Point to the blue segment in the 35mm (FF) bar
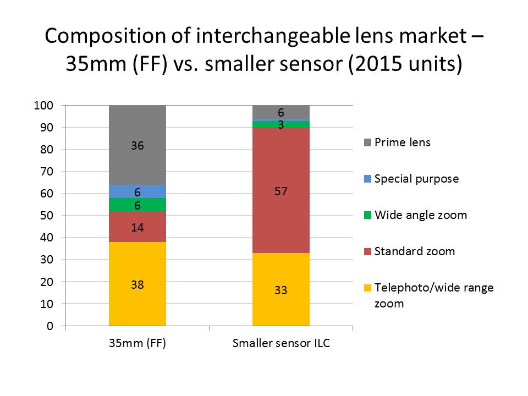point(137,191)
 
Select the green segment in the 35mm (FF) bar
point(137,205)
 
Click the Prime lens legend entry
point(402,142)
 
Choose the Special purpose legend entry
point(416,179)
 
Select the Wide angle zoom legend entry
point(420,215)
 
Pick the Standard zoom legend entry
point(414,251)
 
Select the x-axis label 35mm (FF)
point(137,344)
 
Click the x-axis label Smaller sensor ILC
point(280,344)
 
